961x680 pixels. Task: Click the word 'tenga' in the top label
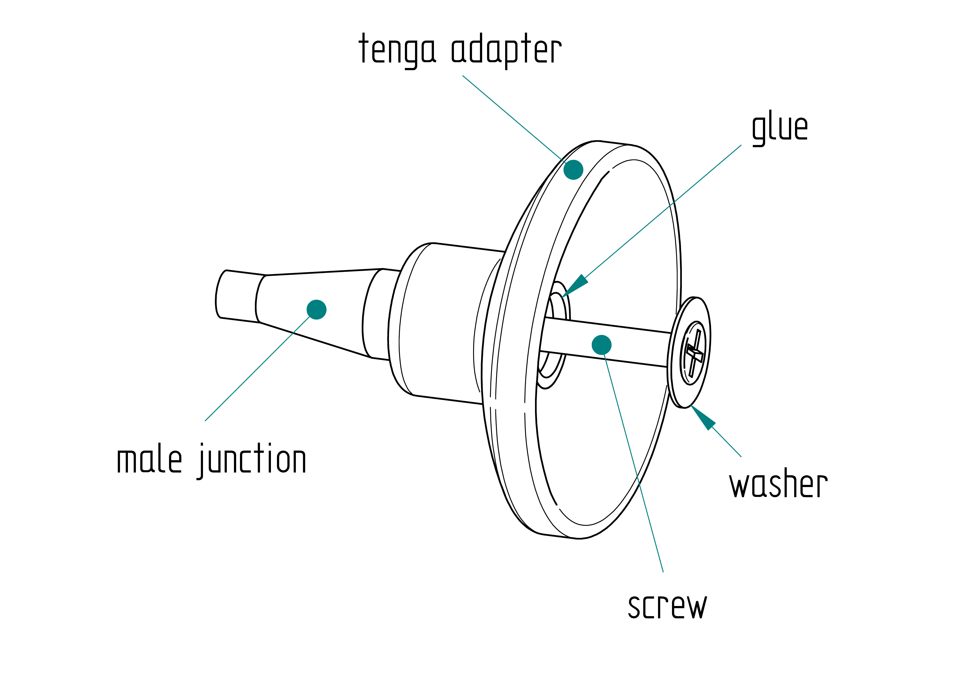(397, 50)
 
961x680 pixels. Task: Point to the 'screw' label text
(667, 606)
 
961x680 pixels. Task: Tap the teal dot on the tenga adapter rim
(573, 170)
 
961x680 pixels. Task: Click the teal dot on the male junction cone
(316, 309)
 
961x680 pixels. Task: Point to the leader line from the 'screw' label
(634, 463)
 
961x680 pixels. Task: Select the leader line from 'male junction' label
(258, 368)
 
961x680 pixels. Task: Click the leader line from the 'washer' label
(727, 442)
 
